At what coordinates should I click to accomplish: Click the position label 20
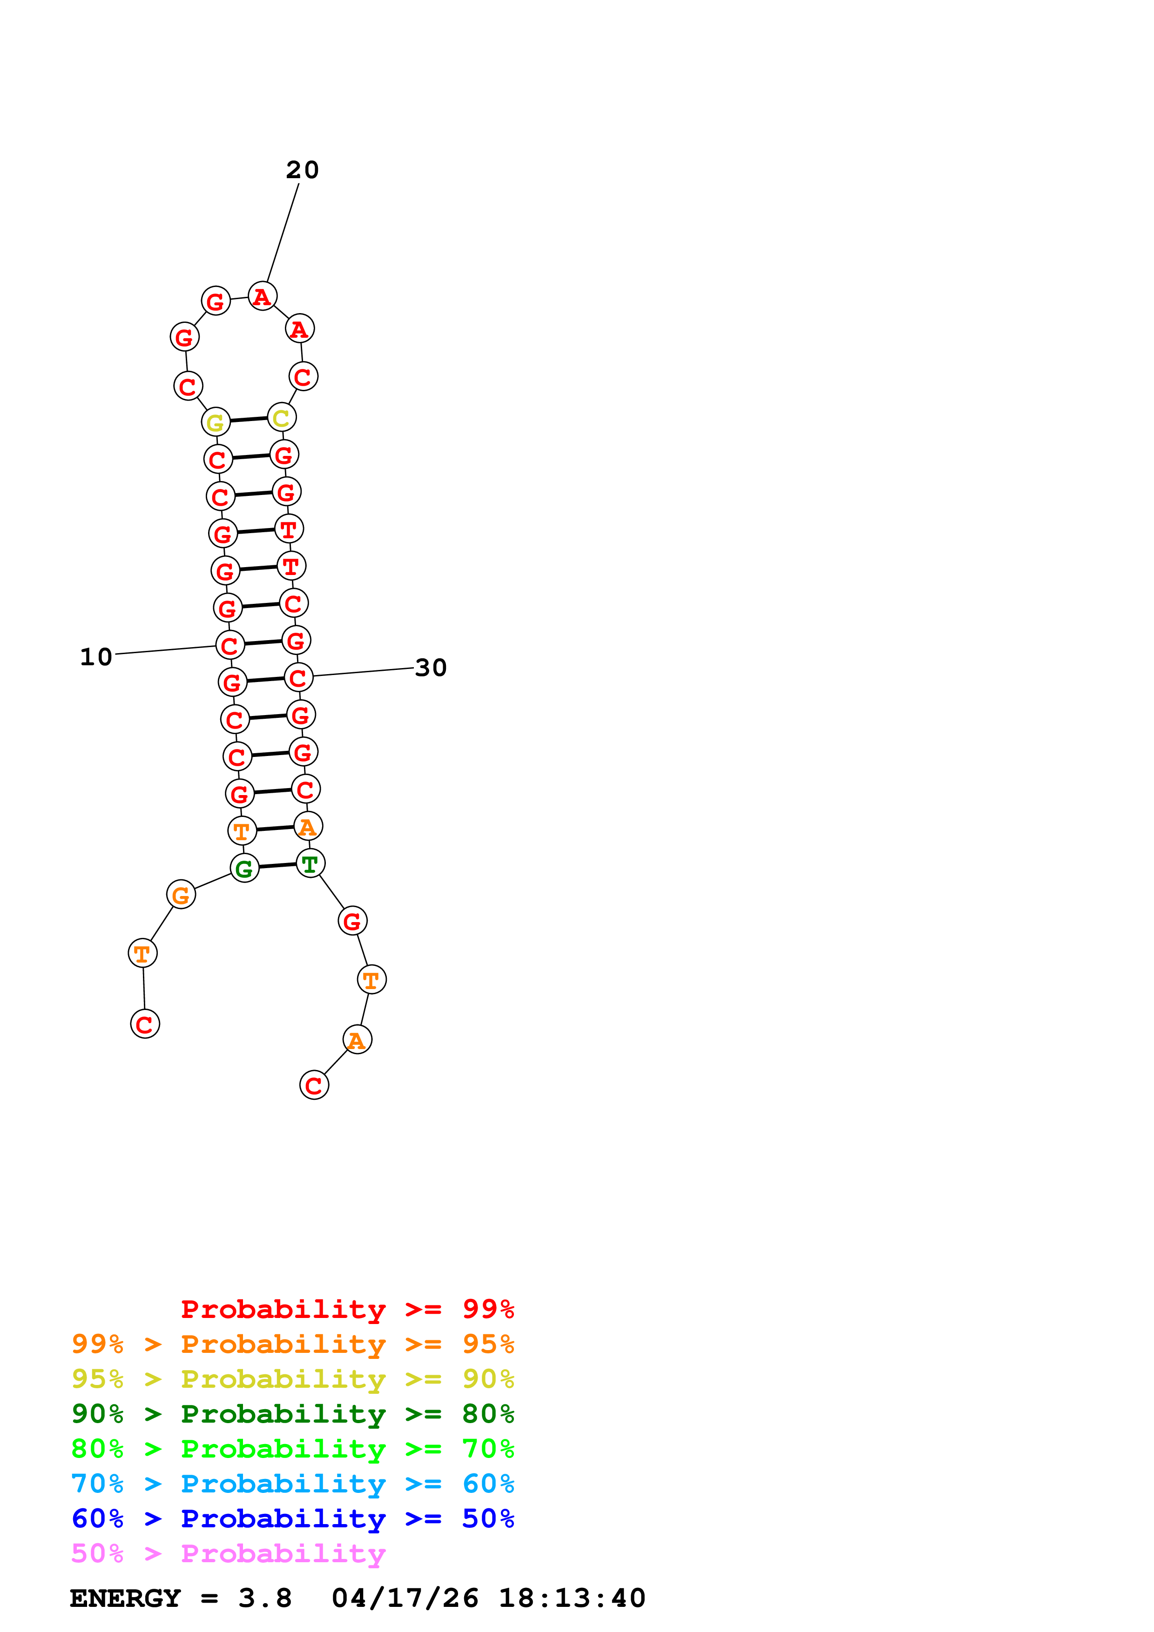[302, 170]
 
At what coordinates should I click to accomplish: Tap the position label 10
[96, 657]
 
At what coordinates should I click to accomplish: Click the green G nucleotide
[244, 868]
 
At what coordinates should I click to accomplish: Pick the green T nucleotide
[310, 863]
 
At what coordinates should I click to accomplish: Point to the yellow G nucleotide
[216, 422]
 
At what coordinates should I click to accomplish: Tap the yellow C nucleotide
[282, 418]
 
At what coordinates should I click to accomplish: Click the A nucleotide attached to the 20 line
[263, 296]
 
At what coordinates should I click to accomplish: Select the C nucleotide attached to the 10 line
[229, 645]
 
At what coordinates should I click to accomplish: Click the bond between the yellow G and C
[249, 420]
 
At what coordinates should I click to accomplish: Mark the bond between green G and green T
[277, 866]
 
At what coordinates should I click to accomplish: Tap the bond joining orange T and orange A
[275, 828]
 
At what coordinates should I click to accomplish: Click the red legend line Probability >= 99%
[347, 1309]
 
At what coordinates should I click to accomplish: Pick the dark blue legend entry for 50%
[292, 1518]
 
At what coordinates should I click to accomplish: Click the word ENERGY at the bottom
[125, 1598]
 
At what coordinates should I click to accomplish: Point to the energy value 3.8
[264, 1598]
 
